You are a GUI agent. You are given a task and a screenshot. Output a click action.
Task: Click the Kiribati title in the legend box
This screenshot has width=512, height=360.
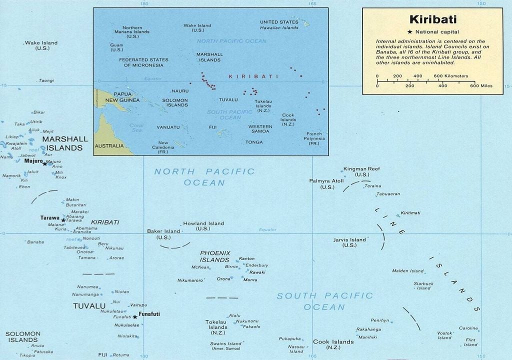tap(433, 20)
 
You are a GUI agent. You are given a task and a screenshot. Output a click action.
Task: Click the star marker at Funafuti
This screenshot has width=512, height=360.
tap(134, 316)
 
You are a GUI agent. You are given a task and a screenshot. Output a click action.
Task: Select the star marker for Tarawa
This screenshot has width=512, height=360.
tap(63, 220)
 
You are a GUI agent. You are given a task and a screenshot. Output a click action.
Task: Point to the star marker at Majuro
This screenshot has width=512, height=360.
tap(44, 163)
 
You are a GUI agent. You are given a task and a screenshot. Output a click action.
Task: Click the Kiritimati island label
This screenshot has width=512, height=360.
tap(410, 213)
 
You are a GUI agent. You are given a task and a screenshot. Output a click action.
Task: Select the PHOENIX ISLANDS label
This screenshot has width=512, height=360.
tap(215, 256)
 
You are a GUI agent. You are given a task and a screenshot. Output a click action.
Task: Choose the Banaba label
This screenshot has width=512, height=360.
tap(35, 242)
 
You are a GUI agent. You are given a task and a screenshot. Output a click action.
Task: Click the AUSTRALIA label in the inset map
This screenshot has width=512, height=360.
tap(108, 146)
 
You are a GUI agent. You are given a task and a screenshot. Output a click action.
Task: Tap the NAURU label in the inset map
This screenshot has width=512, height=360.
tap(180, 91)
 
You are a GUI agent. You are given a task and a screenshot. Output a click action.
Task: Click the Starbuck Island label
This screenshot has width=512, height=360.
tap(423, 285)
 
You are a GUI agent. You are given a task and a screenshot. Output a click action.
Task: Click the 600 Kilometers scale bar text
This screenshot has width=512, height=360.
tap(451, 76)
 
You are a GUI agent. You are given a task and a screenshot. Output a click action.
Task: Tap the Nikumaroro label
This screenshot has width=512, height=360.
tap(190, 280)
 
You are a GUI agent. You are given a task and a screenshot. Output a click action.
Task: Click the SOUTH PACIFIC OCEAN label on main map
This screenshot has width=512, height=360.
tap(324, 301)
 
